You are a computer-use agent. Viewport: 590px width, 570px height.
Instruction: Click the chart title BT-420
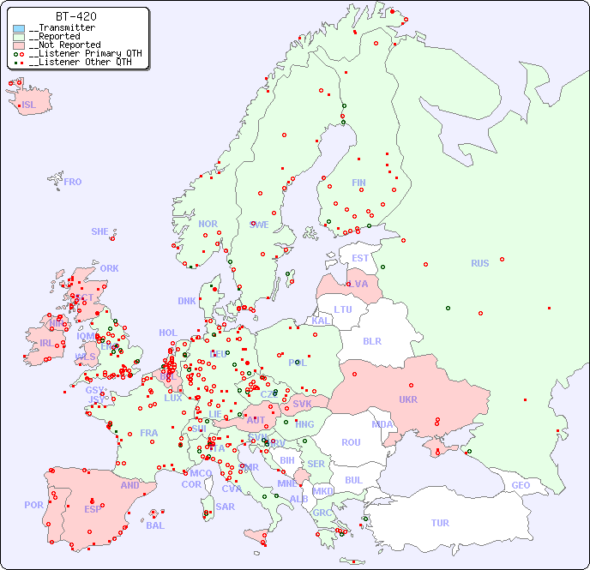coord(75,16)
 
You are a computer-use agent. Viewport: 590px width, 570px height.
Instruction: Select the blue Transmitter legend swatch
coord(19,28)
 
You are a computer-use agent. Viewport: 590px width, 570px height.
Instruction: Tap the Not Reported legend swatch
coord(19,45)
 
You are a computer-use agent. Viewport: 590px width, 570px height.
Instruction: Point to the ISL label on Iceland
coord(29,105)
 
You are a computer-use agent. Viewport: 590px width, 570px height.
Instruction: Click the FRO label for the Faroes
coord(73,182)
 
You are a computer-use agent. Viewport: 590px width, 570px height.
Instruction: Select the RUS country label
coord(479,263)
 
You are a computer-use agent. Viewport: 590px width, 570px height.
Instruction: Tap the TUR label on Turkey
coord(440,523)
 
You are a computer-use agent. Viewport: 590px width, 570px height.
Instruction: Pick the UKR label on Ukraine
coord(408,399)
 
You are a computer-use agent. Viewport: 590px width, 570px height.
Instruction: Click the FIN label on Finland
coord(358,183)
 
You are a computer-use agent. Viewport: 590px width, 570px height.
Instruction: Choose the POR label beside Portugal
coord(33,505)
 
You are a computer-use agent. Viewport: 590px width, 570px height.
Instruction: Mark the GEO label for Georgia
coord(521,485)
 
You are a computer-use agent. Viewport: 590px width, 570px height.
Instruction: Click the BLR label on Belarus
coord(371,340)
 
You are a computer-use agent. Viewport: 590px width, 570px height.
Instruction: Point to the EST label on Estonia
coord(360,258)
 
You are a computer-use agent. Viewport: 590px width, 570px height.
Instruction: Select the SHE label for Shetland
coord(100,231)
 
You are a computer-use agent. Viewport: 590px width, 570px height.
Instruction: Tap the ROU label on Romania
coord(351,442)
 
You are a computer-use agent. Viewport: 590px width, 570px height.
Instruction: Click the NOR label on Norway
coord(208,224)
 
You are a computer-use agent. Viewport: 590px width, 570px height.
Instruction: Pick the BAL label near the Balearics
coord(155,525)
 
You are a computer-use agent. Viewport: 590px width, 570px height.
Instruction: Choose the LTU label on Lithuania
coord(343,309)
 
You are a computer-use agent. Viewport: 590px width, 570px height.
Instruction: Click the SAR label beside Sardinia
coord(226,507)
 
